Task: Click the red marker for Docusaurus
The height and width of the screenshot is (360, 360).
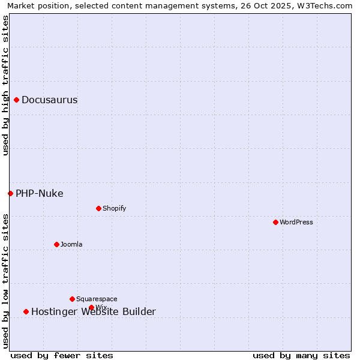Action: point(17,100)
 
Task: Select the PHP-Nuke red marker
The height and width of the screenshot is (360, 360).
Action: point(10,193)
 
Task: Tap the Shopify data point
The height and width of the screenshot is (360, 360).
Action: point(99,208)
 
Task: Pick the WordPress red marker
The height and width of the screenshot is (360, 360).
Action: point(276,222)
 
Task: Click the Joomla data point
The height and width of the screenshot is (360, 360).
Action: point(57,244)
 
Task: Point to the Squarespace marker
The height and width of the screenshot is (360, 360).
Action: point(72,299)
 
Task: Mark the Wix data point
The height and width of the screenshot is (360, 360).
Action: point(92,307)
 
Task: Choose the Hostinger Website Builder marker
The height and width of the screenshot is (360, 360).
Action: point(26,311)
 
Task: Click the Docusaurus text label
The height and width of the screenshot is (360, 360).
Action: point(50,100)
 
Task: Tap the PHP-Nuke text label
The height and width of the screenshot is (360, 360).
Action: point(40,194)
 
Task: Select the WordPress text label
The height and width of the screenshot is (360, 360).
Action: point(296,223)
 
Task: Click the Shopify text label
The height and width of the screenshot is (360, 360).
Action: point(115,209)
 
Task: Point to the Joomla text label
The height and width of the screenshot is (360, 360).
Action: point(71,245)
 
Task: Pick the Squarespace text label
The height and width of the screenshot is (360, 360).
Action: point(97,299)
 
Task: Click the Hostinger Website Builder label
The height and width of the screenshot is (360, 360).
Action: point(94,312)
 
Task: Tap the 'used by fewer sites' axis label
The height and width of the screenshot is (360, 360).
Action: point(62,356)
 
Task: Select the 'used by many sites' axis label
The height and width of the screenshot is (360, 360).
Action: point(301,356)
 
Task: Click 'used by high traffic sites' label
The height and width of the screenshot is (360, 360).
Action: point(6,85)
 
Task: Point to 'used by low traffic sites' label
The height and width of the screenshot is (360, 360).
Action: point(6,281)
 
